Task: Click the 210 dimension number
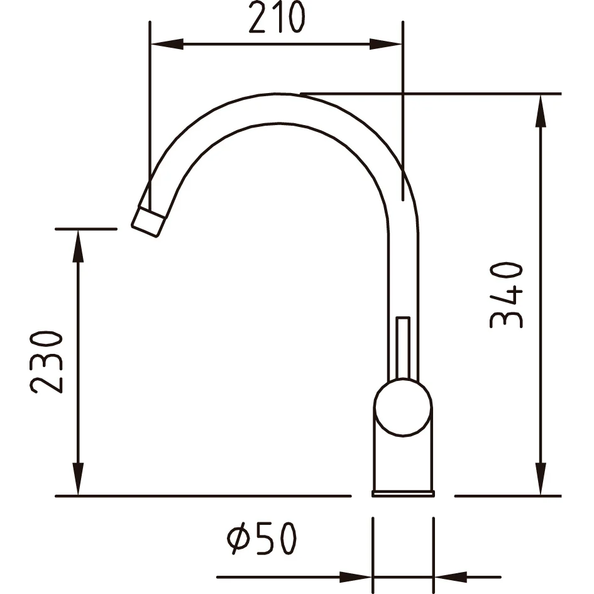click(277, 17)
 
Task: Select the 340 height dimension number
click(506, 295)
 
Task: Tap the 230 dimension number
click(47, 363)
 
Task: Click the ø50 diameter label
click(261, 538)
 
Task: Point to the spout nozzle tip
click(148, 222)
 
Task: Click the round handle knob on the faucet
click(403, 407)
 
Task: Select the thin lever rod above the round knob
click(403, 348)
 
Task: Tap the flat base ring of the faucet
click(403, 493)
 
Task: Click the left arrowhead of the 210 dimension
click(167, 44)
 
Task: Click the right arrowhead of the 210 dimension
click(386, 44)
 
